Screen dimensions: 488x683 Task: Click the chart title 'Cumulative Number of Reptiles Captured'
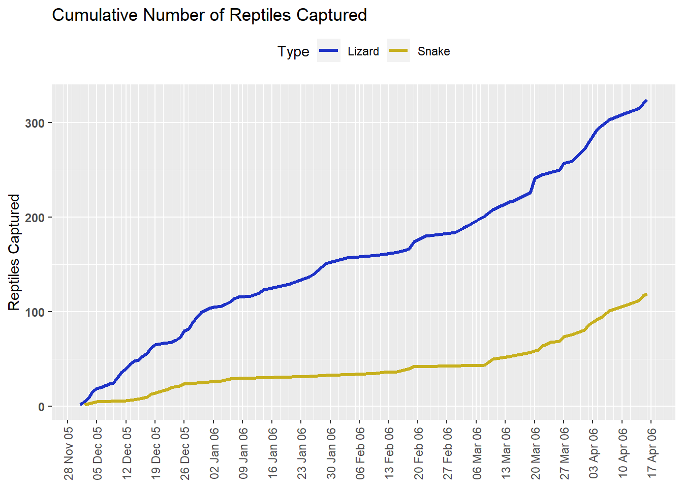209,15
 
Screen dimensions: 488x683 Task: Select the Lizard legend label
363,51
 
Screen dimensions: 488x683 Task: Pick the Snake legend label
433,51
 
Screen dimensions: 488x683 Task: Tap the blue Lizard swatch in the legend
328,51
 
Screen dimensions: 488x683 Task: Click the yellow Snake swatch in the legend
398,51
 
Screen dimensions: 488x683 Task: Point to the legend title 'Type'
293,51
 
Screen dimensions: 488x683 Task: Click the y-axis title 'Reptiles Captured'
14,252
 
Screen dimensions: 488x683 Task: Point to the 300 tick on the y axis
35,123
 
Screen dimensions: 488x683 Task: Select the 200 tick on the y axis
35,218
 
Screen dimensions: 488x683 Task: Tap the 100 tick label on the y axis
35,312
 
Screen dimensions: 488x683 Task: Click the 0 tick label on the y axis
41,407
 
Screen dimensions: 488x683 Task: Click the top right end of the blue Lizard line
646,101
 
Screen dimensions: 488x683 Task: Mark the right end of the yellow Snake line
646,294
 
